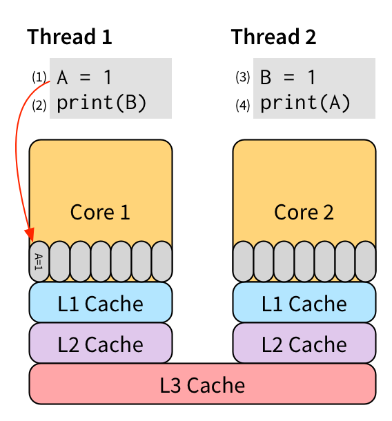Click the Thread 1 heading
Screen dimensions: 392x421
click(69, 37)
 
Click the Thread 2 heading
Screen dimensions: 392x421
click(273, 37)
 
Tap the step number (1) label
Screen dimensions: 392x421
click(39, 77)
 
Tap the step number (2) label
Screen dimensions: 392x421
click(39, 105)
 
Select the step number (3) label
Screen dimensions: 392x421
click(243, 77)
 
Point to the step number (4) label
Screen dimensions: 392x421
click(243, 105)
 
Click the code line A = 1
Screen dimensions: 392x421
click(84, 77)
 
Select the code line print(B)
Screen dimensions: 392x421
click(101, 103)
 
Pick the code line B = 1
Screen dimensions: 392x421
click(288, 77)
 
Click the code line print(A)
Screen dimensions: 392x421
click(305, 103)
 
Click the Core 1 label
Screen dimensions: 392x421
click(100, 213)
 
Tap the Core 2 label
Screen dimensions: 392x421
click(304, 213)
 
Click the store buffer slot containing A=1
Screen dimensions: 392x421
click(39, 262)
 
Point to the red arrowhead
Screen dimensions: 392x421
click(30, 235)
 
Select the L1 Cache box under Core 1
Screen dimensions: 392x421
click(101, 302)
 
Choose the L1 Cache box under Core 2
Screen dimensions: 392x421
click(304, 302)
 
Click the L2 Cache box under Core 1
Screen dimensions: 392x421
click(101, 343)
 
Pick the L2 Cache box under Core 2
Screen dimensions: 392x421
click(304, 343)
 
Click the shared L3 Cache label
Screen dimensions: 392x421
click(202, 385)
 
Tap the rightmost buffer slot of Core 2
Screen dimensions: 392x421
click(365, 262)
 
